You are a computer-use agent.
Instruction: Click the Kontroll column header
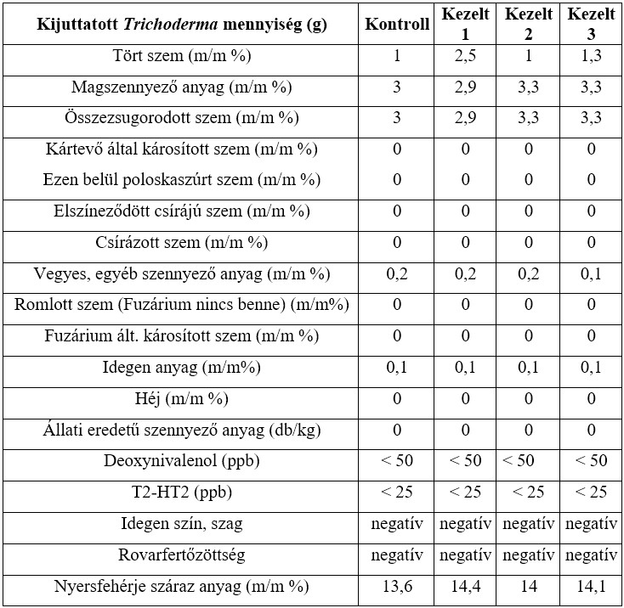[x=397, y=24]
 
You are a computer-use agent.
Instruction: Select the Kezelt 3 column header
[x=592, y=24]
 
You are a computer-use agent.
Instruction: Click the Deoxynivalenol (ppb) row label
[x=182, y=461]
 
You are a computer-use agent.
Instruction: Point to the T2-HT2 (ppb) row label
[x=182, y=492]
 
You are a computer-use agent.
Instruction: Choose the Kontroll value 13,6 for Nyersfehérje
[x=397, y=586]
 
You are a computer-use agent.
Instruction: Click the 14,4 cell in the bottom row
[x=465, y=586]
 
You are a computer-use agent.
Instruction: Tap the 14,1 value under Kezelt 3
[x=592, y=586]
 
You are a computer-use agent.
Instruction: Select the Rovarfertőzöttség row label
[x=182, y=555]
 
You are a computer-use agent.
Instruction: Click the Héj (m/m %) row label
[x=182, y=399]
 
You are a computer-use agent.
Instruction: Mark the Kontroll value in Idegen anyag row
[x=397, y=368]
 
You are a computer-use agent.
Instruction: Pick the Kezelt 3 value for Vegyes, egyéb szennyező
[x=592, y=274]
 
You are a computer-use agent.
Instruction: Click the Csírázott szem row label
[x=182, y=243]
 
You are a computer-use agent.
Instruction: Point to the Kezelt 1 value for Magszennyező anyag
[x=465, y=87]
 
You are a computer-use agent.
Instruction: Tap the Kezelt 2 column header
[x=528, y=24]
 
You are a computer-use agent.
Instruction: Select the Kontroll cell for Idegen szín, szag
[x=397, y=523]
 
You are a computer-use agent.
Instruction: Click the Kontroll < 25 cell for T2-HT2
[x=397, y=492]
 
